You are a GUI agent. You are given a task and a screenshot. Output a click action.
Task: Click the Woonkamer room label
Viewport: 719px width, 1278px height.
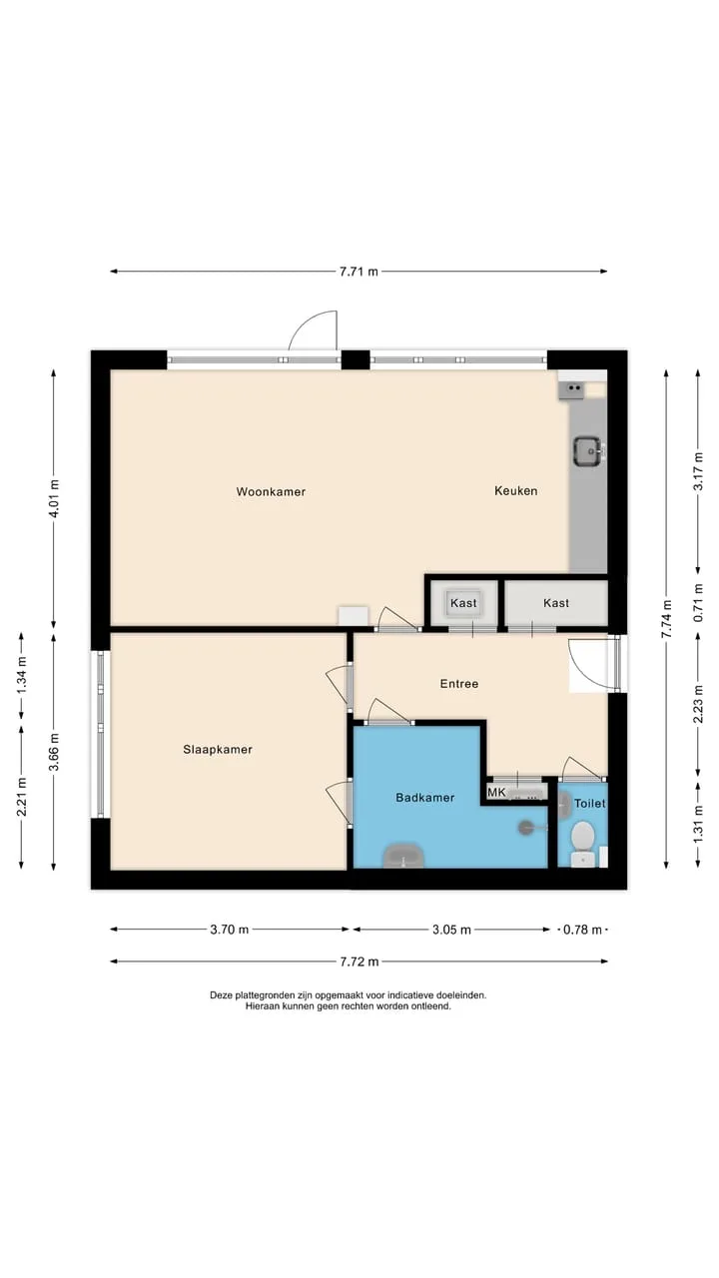coord(271,492)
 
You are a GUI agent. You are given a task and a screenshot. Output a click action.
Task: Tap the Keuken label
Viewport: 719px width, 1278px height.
coord(516,490)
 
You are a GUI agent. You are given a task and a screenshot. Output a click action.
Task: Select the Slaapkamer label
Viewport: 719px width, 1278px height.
coord(218,750)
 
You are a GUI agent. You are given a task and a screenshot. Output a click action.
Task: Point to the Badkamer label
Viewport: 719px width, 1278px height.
coord(425,798)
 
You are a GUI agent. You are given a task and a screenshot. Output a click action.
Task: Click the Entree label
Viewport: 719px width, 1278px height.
coord(459,684)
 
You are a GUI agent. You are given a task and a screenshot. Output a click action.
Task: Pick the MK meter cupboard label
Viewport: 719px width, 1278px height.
coord(496,792)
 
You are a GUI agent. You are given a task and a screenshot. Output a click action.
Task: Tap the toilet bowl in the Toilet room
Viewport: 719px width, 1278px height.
coord(582,836)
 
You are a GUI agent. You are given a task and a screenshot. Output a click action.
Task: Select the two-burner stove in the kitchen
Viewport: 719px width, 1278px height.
coord(573,388)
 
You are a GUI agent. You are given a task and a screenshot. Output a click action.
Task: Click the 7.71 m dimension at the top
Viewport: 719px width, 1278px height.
coord(359,272)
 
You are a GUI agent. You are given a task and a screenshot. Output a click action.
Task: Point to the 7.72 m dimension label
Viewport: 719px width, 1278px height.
coord(359,961)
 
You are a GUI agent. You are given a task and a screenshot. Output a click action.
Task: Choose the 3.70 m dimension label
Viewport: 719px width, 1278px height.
coord(230,930)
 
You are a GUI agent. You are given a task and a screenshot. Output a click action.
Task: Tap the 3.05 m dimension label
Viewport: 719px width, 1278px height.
coord(452,930)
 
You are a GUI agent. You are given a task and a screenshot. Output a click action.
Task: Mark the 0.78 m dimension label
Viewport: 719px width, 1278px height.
coord(582,930)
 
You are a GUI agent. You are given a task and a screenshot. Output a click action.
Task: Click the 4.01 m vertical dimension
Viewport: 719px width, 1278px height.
coord(54,498)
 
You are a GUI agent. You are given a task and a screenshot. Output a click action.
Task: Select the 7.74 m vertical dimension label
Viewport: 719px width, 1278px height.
coord(666,619)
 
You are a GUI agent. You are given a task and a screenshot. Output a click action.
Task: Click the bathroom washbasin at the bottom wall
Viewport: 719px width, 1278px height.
coord(404,856)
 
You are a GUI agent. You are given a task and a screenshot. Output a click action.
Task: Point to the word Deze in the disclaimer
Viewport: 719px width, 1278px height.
coord(221,995)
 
